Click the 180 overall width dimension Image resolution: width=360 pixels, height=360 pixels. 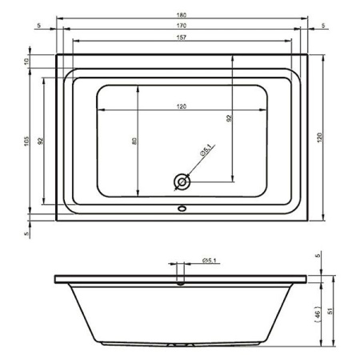click(182, 15)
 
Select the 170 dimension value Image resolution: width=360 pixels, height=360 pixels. click(182, 26)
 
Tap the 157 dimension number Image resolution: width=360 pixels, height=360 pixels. click(182, 38)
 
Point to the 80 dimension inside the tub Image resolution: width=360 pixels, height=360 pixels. click(134, 141)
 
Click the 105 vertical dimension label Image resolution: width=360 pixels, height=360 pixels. click(26, 141)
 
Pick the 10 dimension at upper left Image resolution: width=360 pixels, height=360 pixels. click(26, 62)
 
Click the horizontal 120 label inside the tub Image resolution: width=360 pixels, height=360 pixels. click(182, 106)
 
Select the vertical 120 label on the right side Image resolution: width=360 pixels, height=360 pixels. click(320, 138)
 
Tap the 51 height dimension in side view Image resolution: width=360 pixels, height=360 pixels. click(330, 311)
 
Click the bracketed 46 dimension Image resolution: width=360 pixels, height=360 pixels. click(317, 314)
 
